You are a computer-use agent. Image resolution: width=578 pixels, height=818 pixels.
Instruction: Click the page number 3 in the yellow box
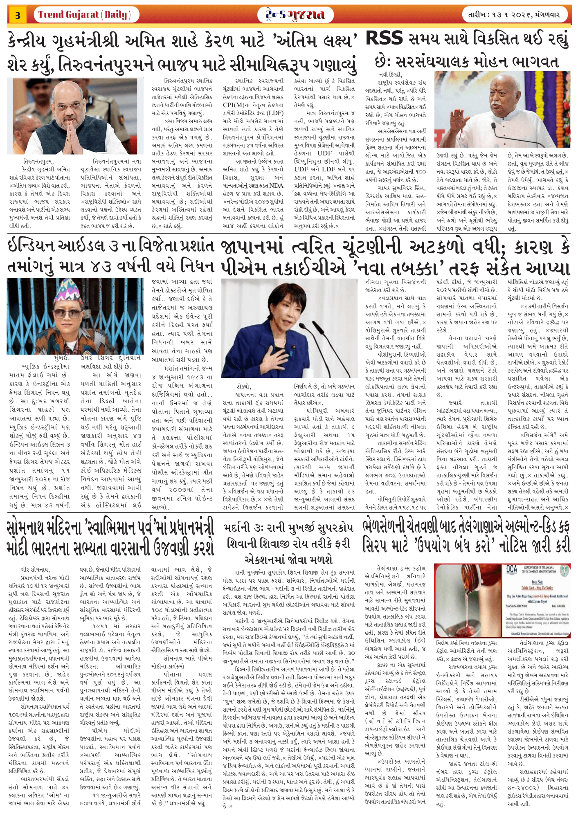18,16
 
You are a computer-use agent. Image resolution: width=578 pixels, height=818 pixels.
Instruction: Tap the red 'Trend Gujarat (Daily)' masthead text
84,15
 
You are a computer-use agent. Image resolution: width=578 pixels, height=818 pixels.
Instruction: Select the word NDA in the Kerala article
276,185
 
